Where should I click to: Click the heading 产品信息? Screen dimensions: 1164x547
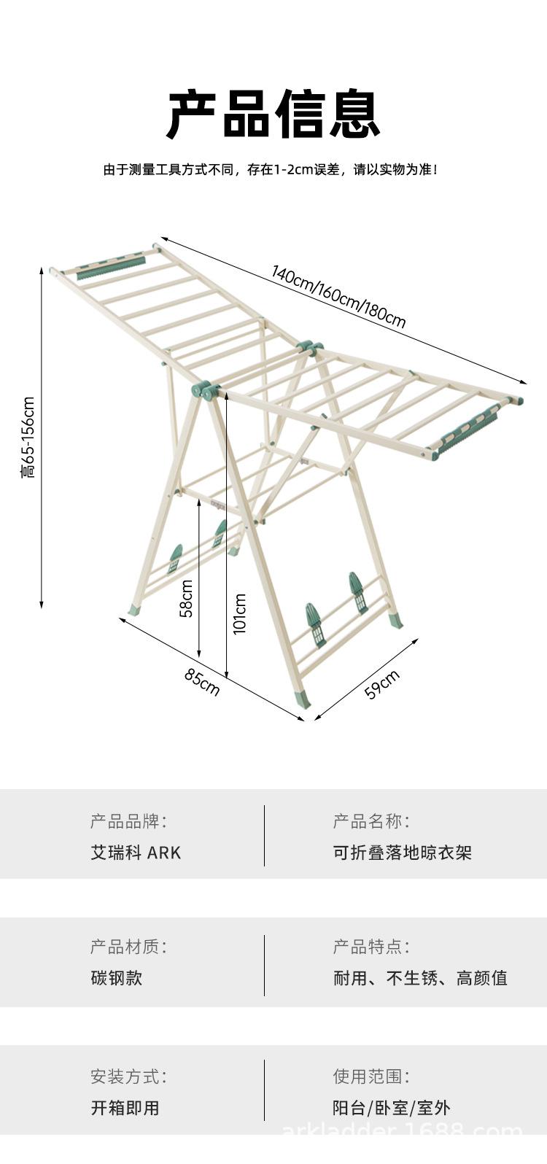(273, 115)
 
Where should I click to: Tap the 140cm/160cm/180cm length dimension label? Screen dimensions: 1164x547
(338, 297)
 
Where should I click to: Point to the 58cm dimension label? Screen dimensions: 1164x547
(187, 598)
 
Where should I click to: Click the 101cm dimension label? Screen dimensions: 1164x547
(240, 613)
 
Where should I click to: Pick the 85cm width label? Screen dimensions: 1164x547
(201, 682)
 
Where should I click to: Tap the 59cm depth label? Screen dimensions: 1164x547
(382, 684)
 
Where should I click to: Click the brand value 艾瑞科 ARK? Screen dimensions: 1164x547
(136, 853)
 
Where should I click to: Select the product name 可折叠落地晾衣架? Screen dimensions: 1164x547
(403, 853)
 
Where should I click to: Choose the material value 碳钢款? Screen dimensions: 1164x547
(117, 978)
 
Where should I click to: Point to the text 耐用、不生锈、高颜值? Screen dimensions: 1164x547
(420, 978)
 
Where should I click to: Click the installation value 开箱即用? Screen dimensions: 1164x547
(125, 1108)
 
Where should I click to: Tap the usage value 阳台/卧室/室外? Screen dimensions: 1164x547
(392, 1108)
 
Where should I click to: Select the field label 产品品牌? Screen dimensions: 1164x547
(128, 821)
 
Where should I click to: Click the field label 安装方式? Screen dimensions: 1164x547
(128, 1076)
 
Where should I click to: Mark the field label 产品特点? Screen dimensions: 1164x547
(371, 947)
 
